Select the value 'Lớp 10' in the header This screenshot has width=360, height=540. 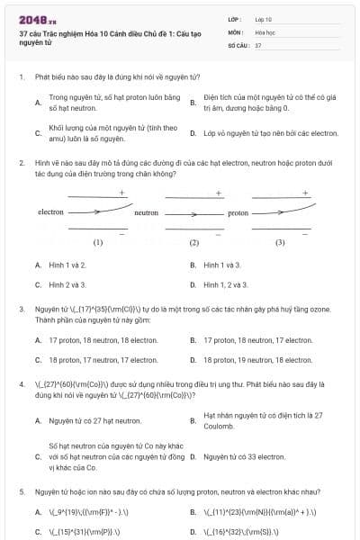click(x=264, y=19)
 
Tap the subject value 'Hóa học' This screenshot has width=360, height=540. click(x=265, y=31)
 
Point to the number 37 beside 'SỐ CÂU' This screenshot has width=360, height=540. click(x=258, y=44)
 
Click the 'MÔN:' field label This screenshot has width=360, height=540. click(x=236, y=31)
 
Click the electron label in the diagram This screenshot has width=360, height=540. click(x=50, y=212)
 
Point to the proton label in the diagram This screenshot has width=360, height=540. click(x=238, y=213)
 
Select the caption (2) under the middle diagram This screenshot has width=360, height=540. click(x=193, y=243)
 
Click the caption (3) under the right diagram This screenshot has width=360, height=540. click(x=280, y=242)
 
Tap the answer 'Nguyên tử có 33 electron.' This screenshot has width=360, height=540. click(x=238, y=457)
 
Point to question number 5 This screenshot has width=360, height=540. click(x=21, y=492)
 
